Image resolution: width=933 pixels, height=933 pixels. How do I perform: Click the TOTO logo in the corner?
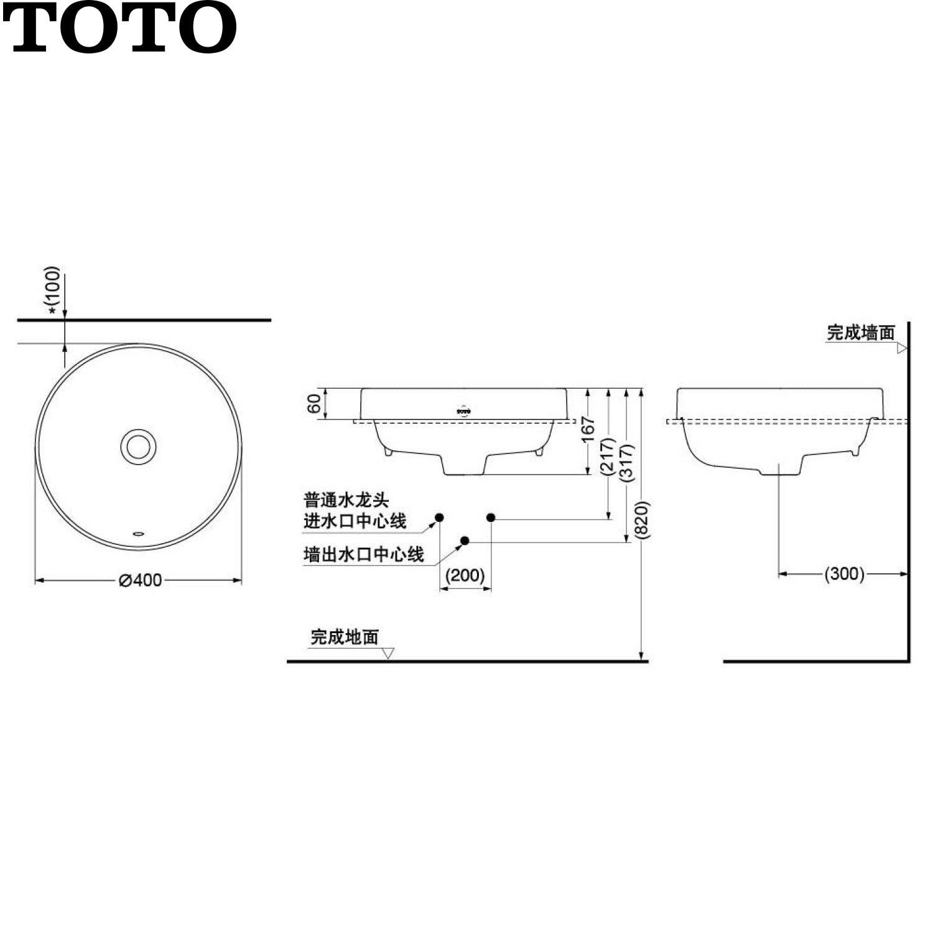119,27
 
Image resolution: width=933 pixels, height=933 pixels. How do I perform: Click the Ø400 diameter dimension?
141,580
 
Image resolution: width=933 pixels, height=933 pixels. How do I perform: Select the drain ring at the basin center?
138,447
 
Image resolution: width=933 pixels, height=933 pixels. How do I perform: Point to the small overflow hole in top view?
139,533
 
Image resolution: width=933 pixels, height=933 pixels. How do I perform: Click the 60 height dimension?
315,403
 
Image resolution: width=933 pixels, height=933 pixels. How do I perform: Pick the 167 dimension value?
588,429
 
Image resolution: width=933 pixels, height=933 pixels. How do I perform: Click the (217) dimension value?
608,456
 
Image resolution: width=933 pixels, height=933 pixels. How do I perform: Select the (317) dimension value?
627,462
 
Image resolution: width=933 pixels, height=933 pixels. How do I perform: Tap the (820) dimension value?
643,520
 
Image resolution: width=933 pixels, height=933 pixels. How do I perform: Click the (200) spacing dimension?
465,575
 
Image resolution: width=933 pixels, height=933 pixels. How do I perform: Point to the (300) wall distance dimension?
844,573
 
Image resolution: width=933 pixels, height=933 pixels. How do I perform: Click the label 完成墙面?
860,333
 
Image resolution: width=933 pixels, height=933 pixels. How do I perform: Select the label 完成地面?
345,637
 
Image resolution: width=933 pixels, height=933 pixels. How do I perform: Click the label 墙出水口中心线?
364,554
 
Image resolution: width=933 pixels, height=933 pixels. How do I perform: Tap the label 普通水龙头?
346,500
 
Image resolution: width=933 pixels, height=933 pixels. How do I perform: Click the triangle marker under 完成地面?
388,653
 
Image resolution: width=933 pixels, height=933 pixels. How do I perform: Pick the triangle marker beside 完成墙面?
902,348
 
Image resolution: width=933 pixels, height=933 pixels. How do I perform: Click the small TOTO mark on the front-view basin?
463,411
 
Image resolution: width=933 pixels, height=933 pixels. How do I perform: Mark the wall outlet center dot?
465,541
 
